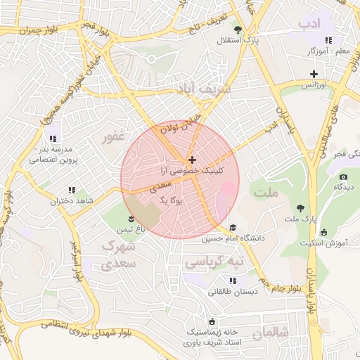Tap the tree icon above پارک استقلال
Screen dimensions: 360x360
238,30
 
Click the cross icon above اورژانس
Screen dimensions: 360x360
314,74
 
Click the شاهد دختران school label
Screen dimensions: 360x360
66,201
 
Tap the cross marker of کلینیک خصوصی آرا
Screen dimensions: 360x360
193,160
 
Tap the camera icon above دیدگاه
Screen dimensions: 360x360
343,176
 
